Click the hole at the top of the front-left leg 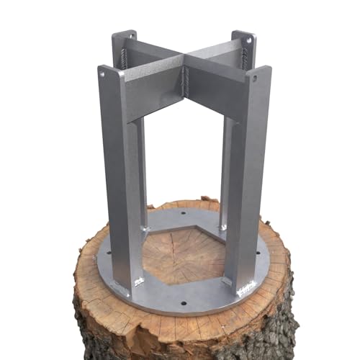[102, 73]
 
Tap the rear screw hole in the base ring [182, 214]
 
